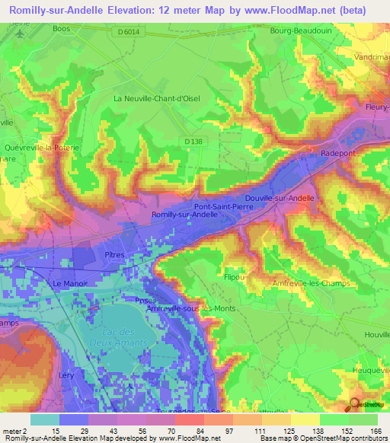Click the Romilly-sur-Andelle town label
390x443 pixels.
tap(186, 215)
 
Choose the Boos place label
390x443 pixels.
tap(63, 29)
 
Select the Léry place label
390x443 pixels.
tap(67, 376)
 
